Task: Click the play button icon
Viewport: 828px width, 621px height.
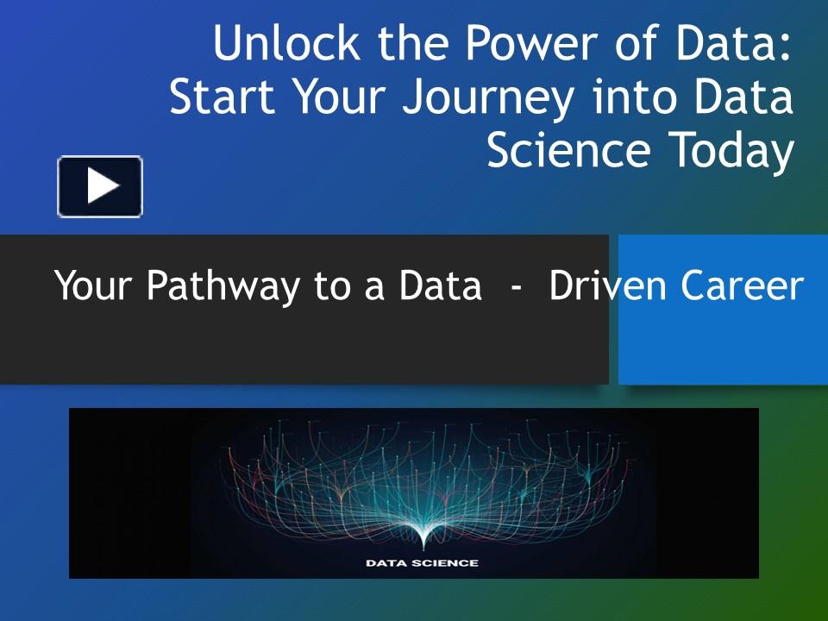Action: point(100,186)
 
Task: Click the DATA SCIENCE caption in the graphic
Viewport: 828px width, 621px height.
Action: point(423,563)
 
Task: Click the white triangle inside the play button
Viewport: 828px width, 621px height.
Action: point(103,186)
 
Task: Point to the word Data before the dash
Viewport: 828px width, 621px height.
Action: point(440,286)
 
